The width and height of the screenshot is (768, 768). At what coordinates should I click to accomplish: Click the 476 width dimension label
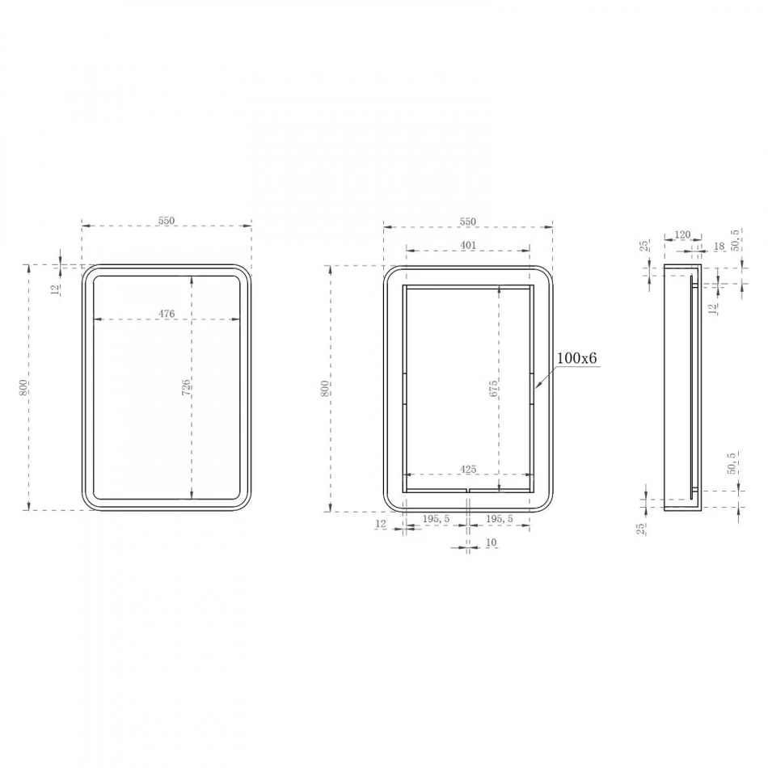click(x=167, y=314)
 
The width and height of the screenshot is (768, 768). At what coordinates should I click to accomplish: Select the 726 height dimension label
click(x=186, y=388)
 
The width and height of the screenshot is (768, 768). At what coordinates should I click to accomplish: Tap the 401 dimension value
click(x=468, y=245)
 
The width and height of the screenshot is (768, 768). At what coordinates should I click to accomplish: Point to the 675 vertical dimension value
click(x=493, y=388)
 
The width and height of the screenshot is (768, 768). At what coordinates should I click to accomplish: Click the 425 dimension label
click(x=468, y=469)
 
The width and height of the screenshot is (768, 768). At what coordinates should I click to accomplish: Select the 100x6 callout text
click(x=577, y=358)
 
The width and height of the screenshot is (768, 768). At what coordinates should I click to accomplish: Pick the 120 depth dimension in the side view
click(x=682, y=234)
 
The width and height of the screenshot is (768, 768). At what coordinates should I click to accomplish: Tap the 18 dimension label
click(x=719, y=246)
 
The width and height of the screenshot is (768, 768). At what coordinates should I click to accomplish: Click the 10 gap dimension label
click(x=492, y=542)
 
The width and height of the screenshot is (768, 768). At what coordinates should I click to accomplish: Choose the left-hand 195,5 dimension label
click(x=437, y=519)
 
